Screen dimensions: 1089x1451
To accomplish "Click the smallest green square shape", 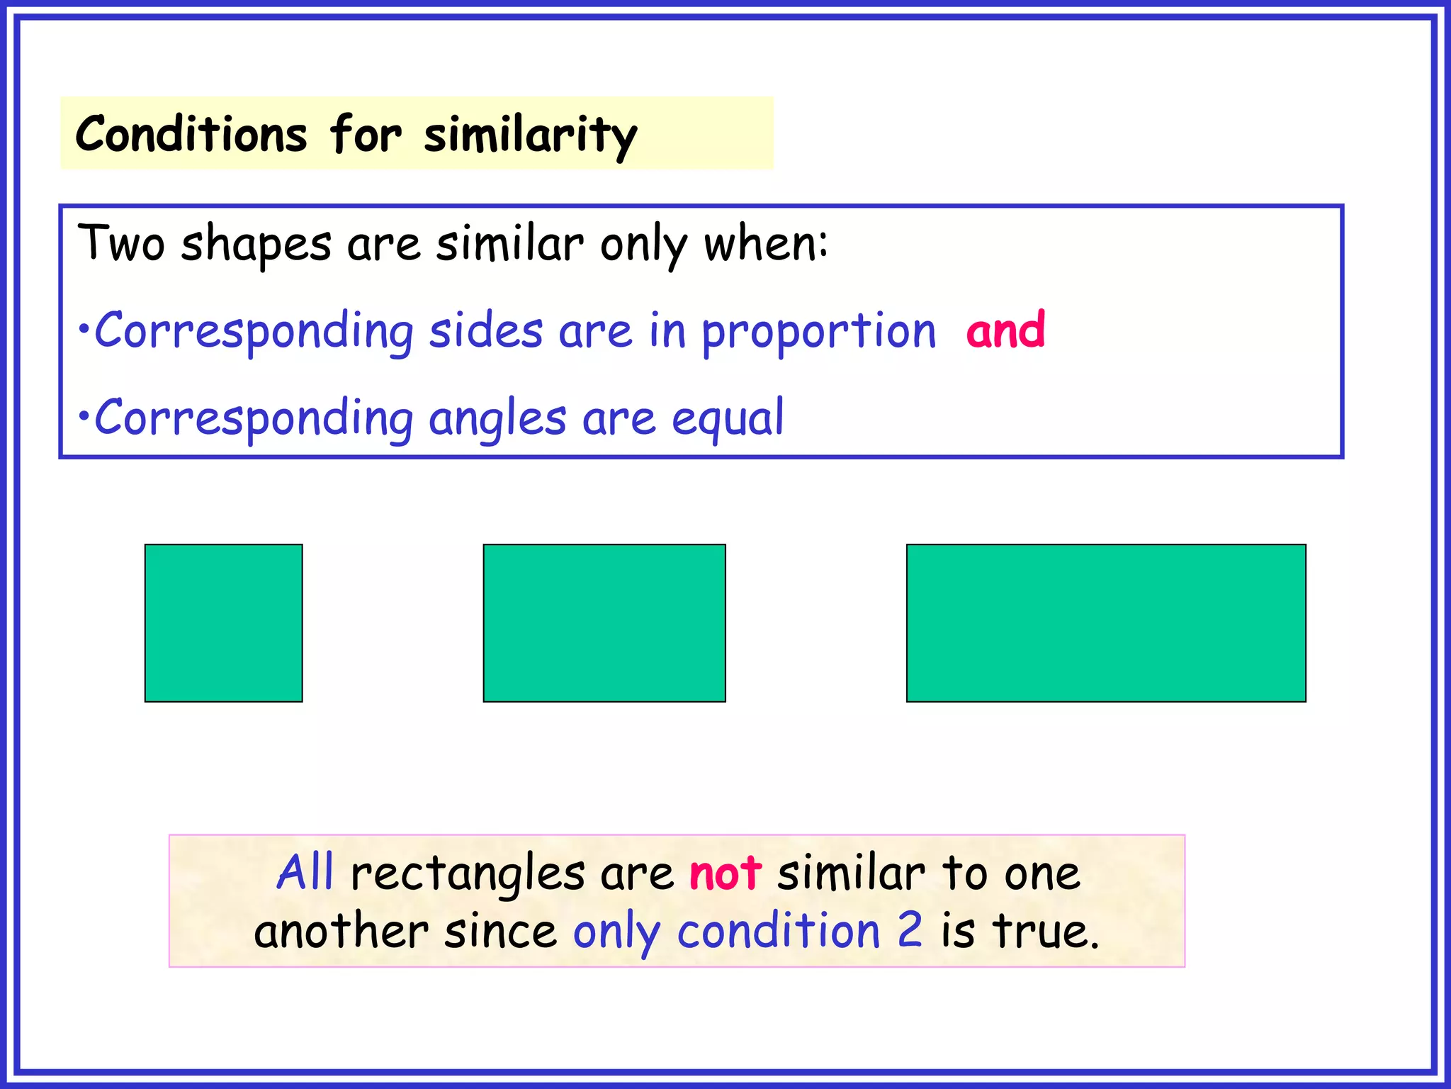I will click(223, 622).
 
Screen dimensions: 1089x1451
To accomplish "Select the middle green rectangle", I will click(604, 622).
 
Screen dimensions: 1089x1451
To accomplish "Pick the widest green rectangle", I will click(1105, 622).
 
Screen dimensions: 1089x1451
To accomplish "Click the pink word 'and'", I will click(1005, 330).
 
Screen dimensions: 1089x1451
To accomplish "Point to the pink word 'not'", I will click(725, 873).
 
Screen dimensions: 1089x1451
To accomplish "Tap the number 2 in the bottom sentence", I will click(910, 930).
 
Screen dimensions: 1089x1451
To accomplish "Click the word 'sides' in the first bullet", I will click(486, 330).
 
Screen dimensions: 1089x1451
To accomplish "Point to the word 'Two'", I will click(121, 243).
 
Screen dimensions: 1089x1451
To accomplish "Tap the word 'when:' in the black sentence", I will click(765, 243).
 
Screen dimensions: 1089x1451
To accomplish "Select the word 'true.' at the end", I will click(1046, 930).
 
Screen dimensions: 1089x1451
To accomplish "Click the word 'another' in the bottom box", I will click(341, 931).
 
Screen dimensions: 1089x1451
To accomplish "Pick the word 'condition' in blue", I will click(778, 930).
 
